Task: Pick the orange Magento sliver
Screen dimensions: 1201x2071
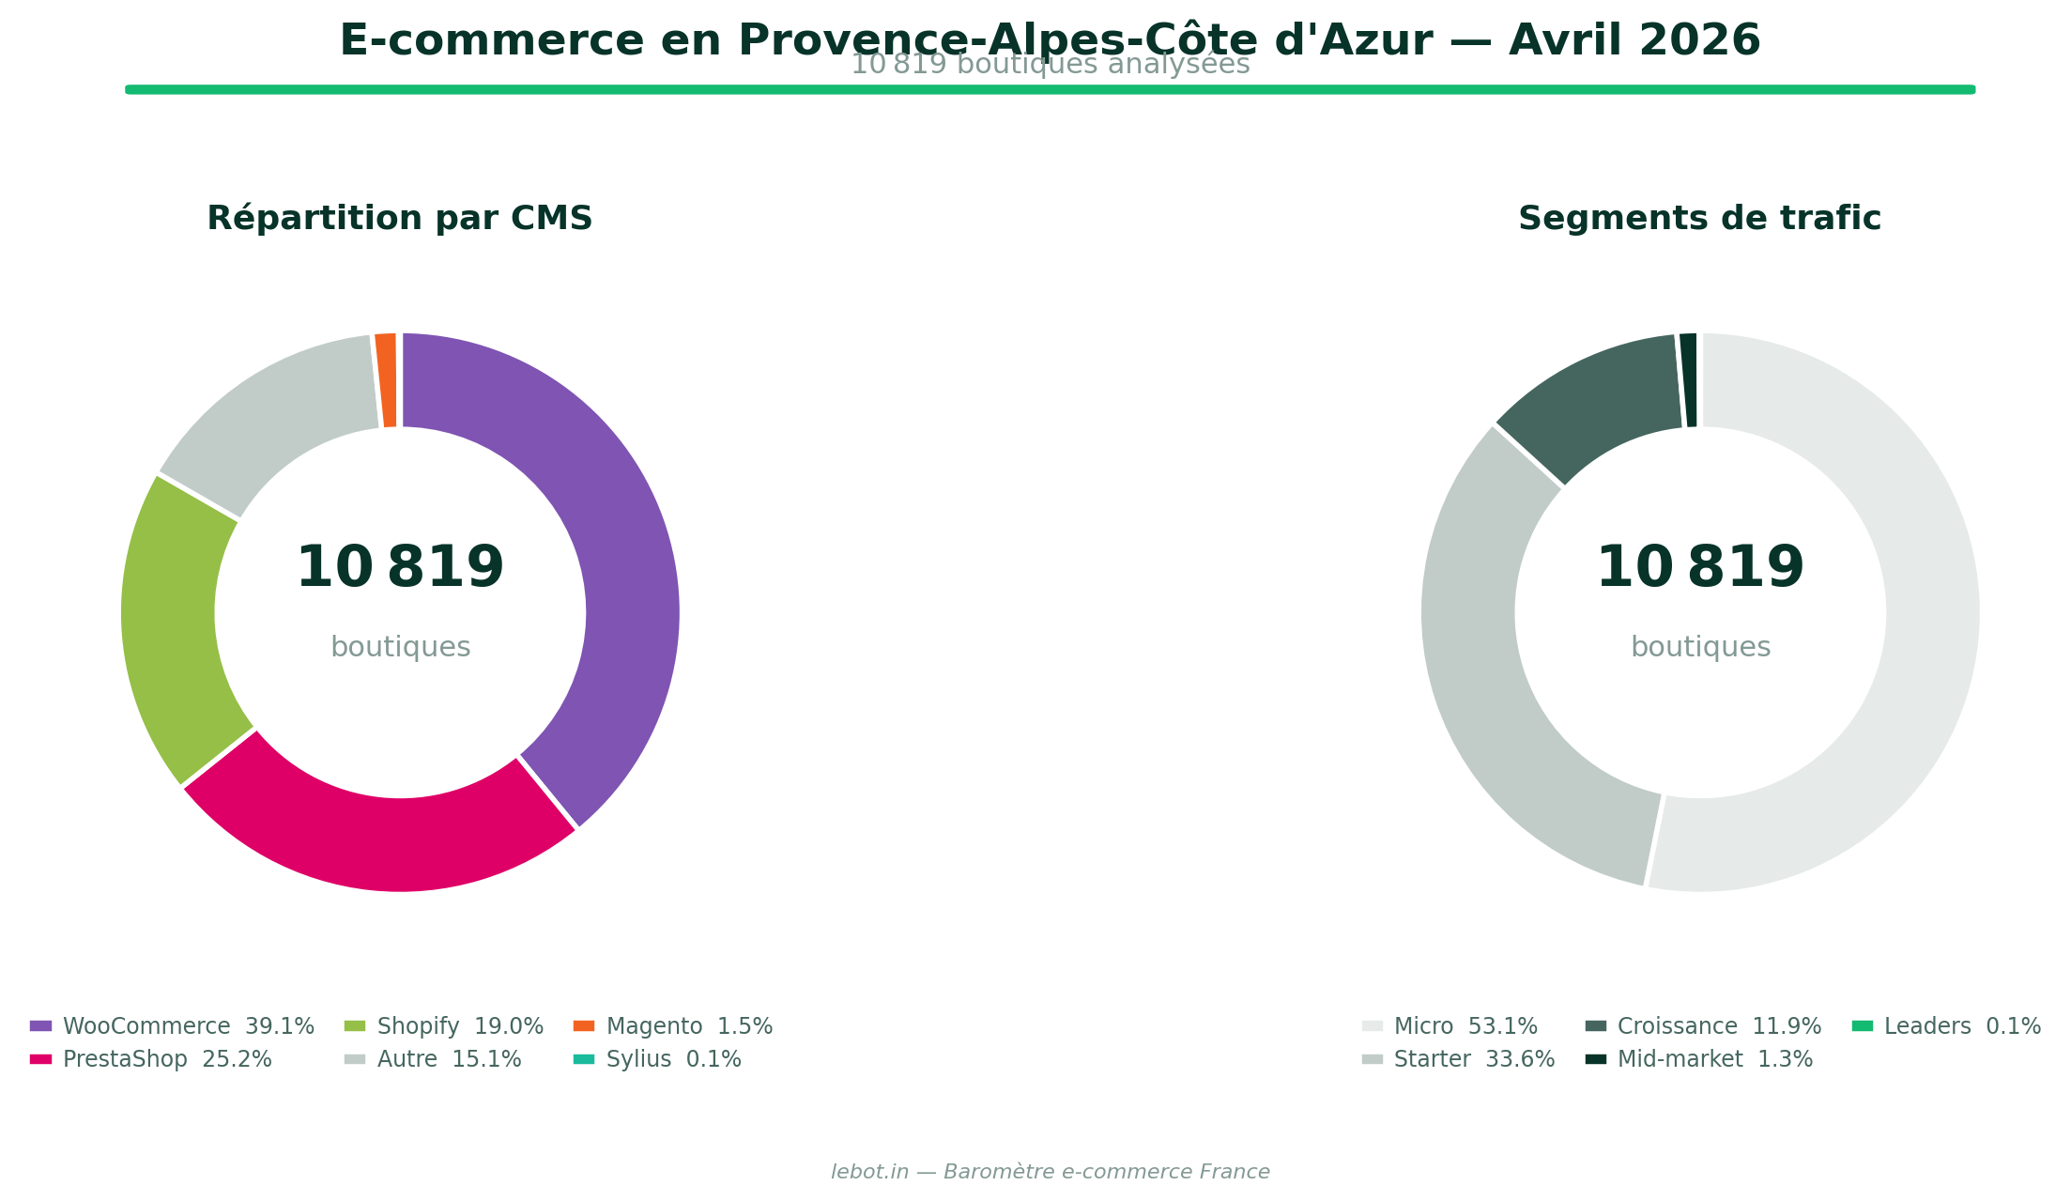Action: [x=386, y=380]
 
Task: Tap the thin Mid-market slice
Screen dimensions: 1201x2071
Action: [x=1689, y=380]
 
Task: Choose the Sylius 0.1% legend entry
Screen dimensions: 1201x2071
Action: [x=658, y=1059]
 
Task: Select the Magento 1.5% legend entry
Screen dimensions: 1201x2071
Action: [x=674, y=1026]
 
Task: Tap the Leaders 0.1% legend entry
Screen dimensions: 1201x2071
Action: [x=1948, y=1026]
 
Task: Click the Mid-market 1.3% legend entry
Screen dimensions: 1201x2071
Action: [x=1700, y=1059]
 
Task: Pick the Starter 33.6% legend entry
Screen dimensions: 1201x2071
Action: [x=1459, y=1059]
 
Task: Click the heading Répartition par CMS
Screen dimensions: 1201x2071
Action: [x=400, y=218]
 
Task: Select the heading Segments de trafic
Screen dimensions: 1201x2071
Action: [x=1699, y=218]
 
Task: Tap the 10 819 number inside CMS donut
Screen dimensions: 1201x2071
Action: [x=400, y=568]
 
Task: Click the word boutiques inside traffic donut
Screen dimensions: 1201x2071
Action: [x=1700, y=647]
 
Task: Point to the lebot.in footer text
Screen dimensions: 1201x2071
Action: [x=1050, y=1172]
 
